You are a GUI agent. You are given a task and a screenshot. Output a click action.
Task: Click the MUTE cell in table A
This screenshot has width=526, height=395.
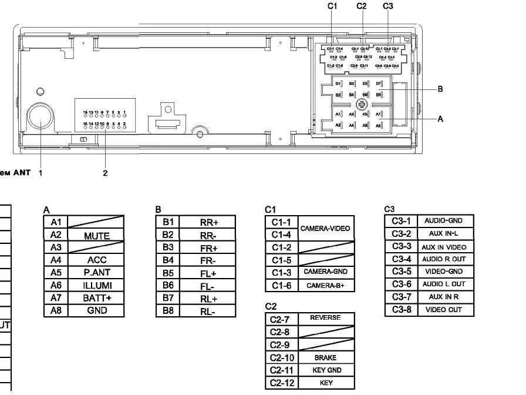coord(96,236)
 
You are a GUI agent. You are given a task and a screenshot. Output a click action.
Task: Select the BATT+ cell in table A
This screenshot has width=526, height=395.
coord(96,298)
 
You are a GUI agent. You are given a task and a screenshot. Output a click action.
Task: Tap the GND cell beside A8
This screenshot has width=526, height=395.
coord(96,310)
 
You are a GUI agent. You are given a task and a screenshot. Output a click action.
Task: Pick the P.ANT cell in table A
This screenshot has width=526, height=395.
coord(96,273)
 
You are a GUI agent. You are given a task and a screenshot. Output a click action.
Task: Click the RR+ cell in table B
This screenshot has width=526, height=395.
coord(208,222)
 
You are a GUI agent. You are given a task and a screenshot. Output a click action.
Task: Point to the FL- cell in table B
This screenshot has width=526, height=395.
coord(208,286)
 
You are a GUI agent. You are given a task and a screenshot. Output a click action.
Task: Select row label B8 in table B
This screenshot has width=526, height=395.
coord(168,311)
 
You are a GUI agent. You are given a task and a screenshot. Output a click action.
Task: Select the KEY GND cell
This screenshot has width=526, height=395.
coord(326,370)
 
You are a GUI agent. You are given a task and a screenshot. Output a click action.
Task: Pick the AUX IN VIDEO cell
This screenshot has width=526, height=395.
coord(444,247)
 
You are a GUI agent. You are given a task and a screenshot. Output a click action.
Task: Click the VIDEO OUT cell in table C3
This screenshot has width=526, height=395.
coord(444,310)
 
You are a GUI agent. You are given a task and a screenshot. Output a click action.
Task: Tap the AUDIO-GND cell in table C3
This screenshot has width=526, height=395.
coord(444,221)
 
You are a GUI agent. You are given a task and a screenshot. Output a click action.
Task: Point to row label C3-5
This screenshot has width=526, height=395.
coord(402,272)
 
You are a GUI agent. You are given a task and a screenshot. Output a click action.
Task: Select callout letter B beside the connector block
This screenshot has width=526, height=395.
coord(440,89)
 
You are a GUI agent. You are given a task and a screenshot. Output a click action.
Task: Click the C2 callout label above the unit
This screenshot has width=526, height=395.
coord(362,6)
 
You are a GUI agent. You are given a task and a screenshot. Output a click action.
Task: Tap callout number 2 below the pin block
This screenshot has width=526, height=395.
coord(105,173)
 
